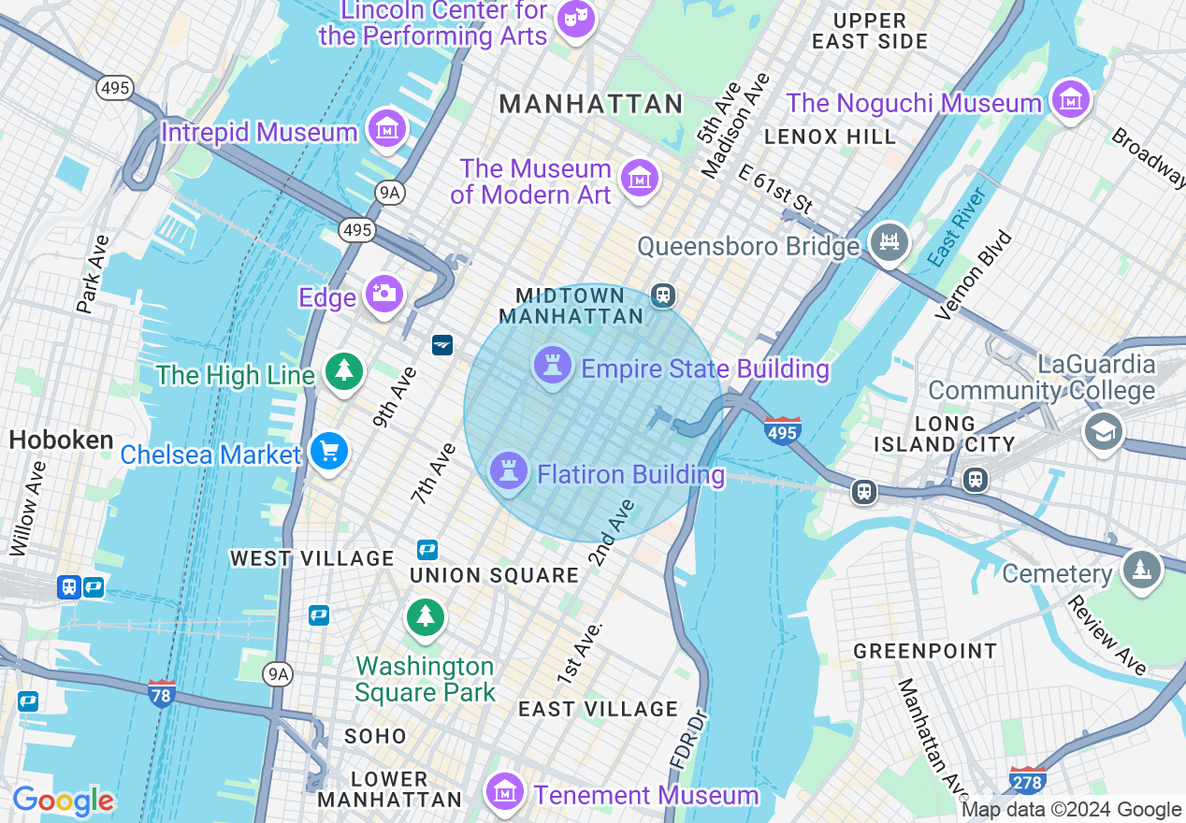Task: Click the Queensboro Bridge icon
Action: (889, 243)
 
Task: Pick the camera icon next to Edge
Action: (384, 294)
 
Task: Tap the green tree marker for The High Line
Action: (344, 371)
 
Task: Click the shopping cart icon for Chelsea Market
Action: (328, 452)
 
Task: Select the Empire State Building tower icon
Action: (553, 366)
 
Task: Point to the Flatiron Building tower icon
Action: (509, 470)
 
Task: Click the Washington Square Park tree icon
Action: (426, 616)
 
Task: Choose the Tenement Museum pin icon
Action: (505, 792)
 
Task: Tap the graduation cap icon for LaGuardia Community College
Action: (1104, 431)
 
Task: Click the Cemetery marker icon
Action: (1141, 570)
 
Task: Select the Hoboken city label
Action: (62, 440)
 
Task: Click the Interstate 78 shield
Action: (162, 695)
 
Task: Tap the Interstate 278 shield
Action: (1027, 779)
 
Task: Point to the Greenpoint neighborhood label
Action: (925, 651)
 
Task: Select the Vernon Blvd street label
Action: (974, 274)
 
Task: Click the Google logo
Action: (63, 801)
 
